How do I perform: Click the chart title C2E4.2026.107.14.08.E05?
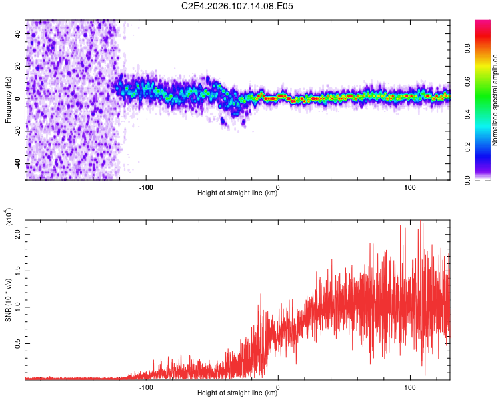point(238,6)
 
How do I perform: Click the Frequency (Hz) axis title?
point(8,100)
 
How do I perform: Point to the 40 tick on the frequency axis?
point(17,33)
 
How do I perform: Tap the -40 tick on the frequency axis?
point(17,164)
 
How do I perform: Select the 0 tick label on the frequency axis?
point(17,99)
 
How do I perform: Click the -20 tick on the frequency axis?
point(17,131)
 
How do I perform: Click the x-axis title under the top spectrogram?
point(238,193)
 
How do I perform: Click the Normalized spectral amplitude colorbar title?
point(495,100)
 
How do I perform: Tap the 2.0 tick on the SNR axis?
point(17,235)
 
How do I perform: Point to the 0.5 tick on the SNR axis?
point(17,343)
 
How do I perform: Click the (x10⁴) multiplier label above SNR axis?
point(9,217)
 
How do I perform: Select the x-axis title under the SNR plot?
point(238,393)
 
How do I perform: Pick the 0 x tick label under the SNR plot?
point(278,386)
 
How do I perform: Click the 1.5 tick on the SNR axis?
point(17,271)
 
